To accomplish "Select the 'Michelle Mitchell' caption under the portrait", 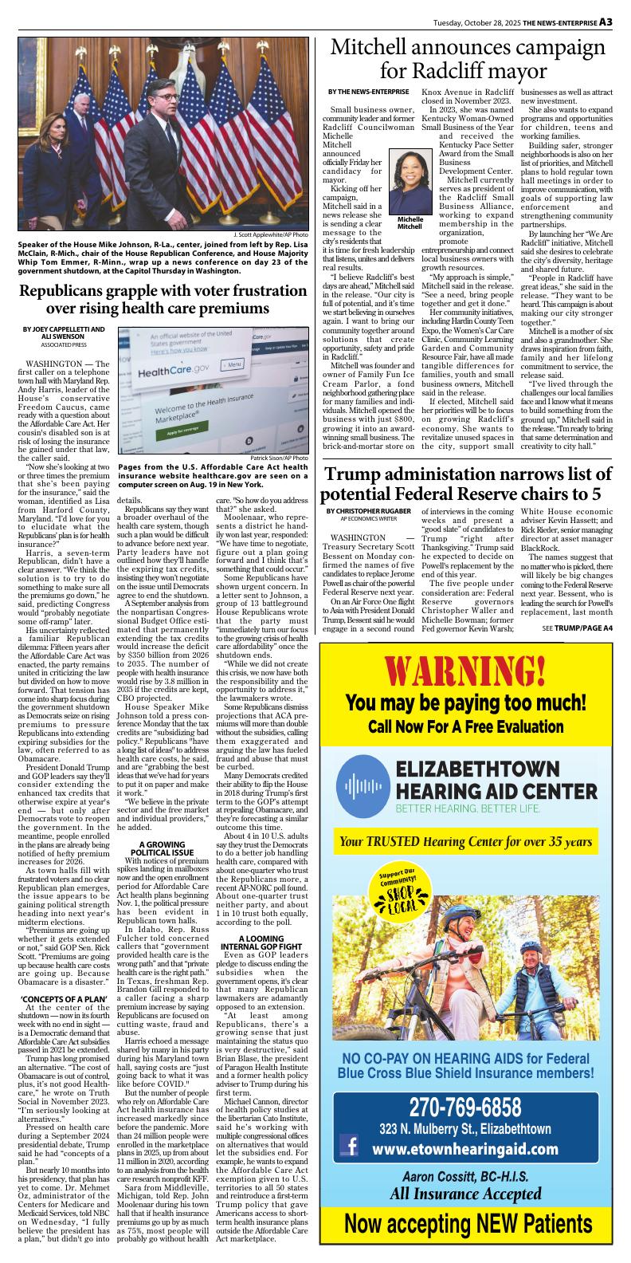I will click(410, 222).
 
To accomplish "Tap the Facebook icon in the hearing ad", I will click(348, 1148).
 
